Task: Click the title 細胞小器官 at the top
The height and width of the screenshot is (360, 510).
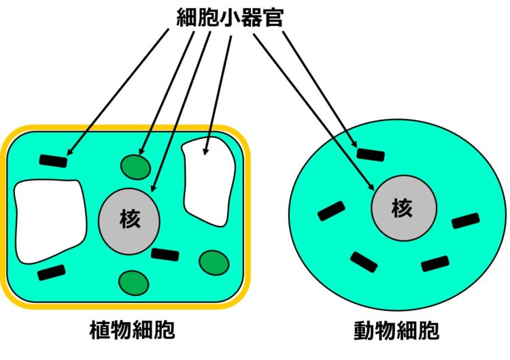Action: coord(230,17)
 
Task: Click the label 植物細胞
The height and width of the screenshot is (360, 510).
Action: coord(132,330)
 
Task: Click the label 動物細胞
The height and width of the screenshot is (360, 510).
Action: coord(396,331)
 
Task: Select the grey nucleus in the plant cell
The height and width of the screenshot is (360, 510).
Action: coord(129,221)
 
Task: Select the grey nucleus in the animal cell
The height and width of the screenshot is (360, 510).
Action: coord(404,208)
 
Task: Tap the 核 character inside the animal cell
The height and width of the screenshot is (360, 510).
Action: coord(402,208)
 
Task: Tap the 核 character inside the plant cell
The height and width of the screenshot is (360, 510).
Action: coord(130,218)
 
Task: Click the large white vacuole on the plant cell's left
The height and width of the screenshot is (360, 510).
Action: coord(50,220)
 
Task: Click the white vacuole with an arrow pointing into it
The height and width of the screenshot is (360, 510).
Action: coord(209,182)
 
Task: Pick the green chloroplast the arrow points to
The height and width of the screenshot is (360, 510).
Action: coord(135,167)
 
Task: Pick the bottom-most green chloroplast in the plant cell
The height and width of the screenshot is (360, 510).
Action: coord(134,283)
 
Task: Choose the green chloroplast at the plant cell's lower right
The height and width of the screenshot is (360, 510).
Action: coord(214,263)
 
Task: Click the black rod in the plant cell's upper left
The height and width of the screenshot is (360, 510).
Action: coord(53,161)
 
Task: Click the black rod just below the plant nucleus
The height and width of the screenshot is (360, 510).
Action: coord(165,255)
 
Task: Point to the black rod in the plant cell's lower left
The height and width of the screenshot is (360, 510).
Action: coord(52,272)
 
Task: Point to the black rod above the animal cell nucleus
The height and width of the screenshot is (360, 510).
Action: coord(371,154)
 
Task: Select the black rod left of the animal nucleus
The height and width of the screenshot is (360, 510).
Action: coord(331,211)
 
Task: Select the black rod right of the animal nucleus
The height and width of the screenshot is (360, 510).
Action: coord(466,220)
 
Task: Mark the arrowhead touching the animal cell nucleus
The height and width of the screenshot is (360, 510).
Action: coord(371,187)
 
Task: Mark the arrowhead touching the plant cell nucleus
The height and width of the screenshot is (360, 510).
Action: coord(154,188)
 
